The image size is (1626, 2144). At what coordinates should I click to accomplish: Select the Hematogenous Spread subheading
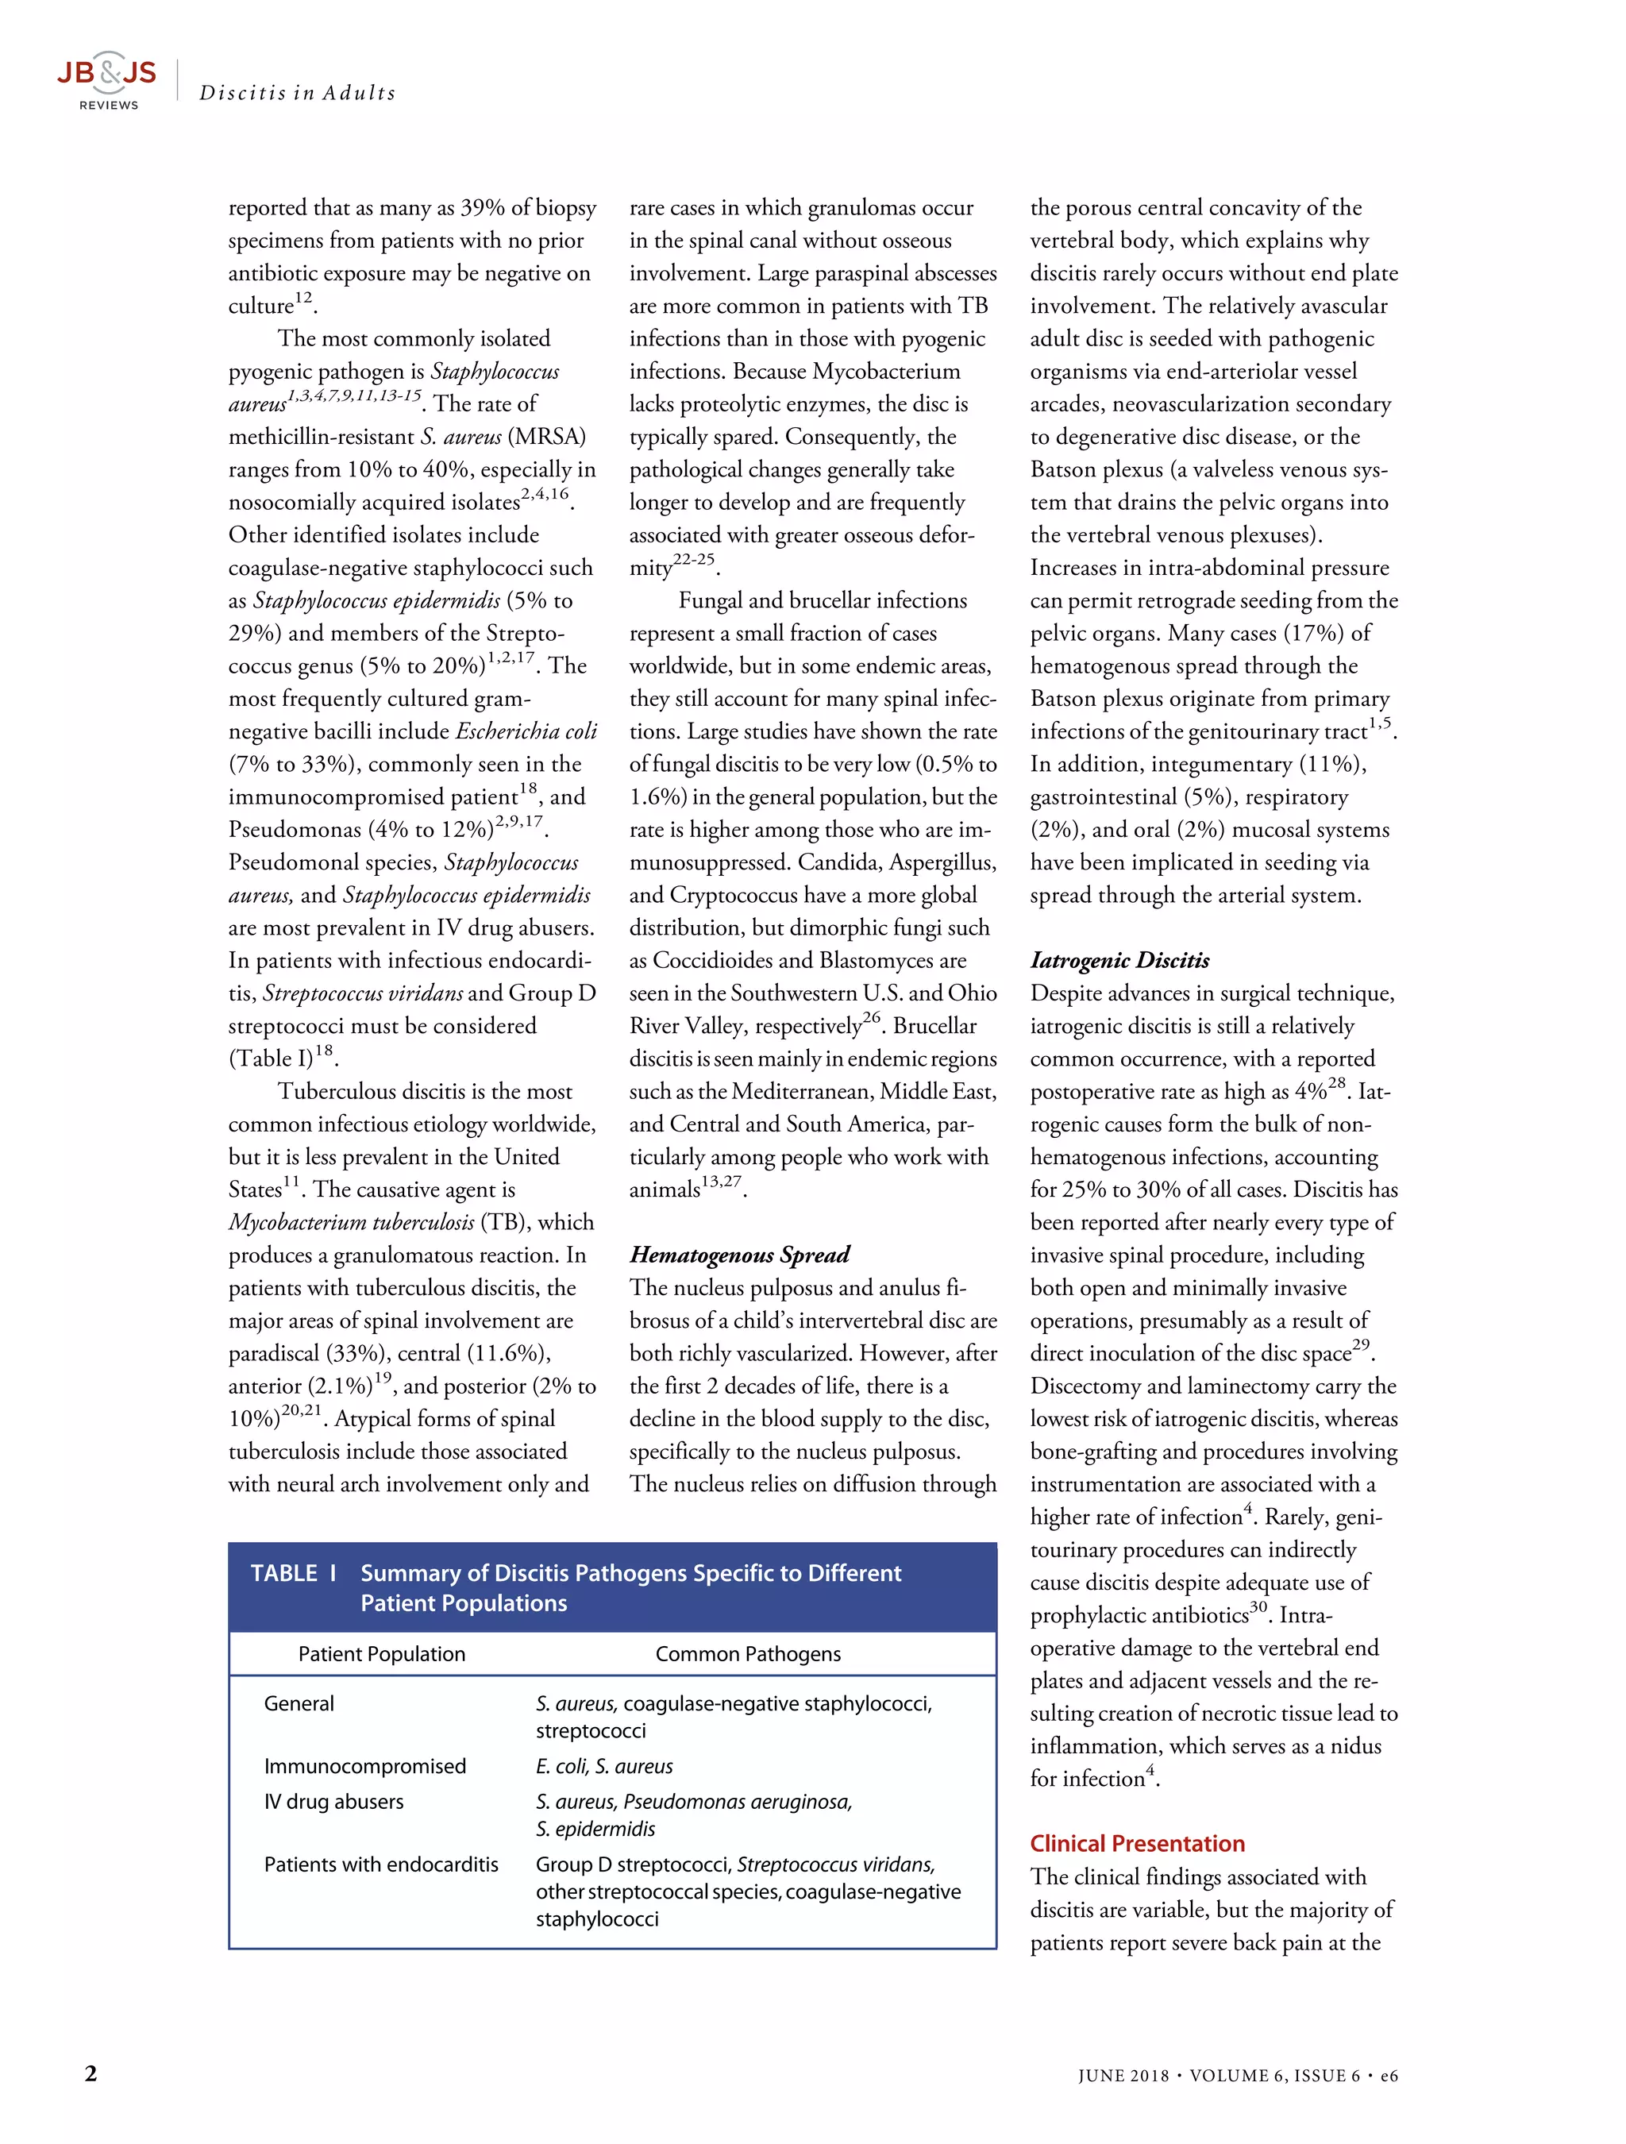[x=738, y=1254]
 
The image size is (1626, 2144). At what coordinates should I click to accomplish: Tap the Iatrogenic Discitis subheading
[x=1119, y=959]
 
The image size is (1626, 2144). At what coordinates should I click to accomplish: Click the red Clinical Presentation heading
[x=1137, y=1844]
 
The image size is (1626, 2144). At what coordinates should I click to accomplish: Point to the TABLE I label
[x=293, y=1573]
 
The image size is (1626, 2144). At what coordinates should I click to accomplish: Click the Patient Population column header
[x=381, y=1653]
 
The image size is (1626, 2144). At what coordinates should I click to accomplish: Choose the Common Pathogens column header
[x=747, y=1653]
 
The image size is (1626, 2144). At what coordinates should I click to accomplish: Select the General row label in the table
[x=299, y=1703]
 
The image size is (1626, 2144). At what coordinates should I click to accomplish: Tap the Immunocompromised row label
[x=364, y=1766]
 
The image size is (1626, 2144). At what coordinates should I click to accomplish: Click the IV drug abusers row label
[x=333, y=1802]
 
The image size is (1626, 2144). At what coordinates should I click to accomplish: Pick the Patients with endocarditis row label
[x=381, y=1864]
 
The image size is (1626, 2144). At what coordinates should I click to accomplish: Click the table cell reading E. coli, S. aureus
[x=603, y=1766]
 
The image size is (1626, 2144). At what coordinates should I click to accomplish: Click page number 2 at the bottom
[x=91, y=2073]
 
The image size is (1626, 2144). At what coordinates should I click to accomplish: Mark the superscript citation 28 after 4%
[x=1336, y=1084]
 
